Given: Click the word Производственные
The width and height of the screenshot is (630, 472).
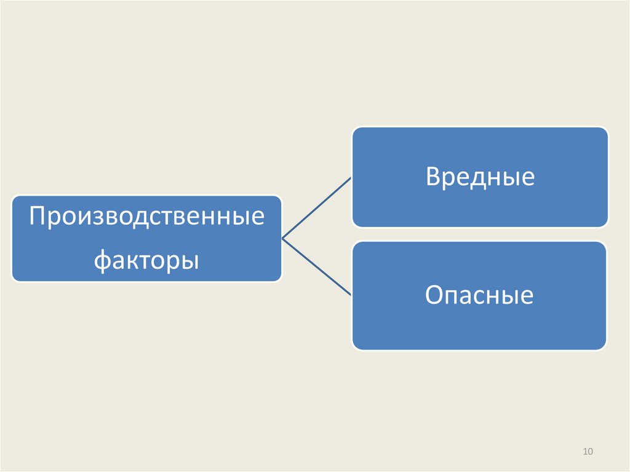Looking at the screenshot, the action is pos(147,217).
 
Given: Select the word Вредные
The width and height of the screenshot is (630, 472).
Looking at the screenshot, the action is pos(480,177).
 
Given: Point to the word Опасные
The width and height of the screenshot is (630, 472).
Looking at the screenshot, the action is pos(479,296).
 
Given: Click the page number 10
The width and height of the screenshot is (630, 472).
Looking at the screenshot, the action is pos(587,452).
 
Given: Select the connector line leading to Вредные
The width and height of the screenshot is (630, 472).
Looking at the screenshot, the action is pos(316,208).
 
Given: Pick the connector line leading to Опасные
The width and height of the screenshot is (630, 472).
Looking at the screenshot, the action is pos(316,266).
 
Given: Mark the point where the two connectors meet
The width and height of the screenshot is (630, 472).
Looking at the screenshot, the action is pos(282,238).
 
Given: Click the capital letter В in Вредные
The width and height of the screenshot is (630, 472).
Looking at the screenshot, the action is pos(433,177).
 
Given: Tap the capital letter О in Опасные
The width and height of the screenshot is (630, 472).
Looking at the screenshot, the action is pos(434,296).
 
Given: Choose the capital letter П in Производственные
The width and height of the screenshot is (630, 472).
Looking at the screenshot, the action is pos(38,217).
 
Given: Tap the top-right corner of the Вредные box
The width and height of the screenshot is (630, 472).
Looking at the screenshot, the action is pos(607,129).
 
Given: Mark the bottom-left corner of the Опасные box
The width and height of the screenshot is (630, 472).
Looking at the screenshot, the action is pos(354,348).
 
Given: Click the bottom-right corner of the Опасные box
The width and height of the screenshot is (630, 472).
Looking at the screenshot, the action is pos(605,348).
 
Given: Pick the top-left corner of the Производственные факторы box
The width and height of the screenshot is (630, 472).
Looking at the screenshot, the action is pos(14,197).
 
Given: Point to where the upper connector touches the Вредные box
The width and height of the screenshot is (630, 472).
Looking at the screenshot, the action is pos(351,178).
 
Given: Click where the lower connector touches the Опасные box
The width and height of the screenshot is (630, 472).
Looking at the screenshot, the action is pos(351,295).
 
